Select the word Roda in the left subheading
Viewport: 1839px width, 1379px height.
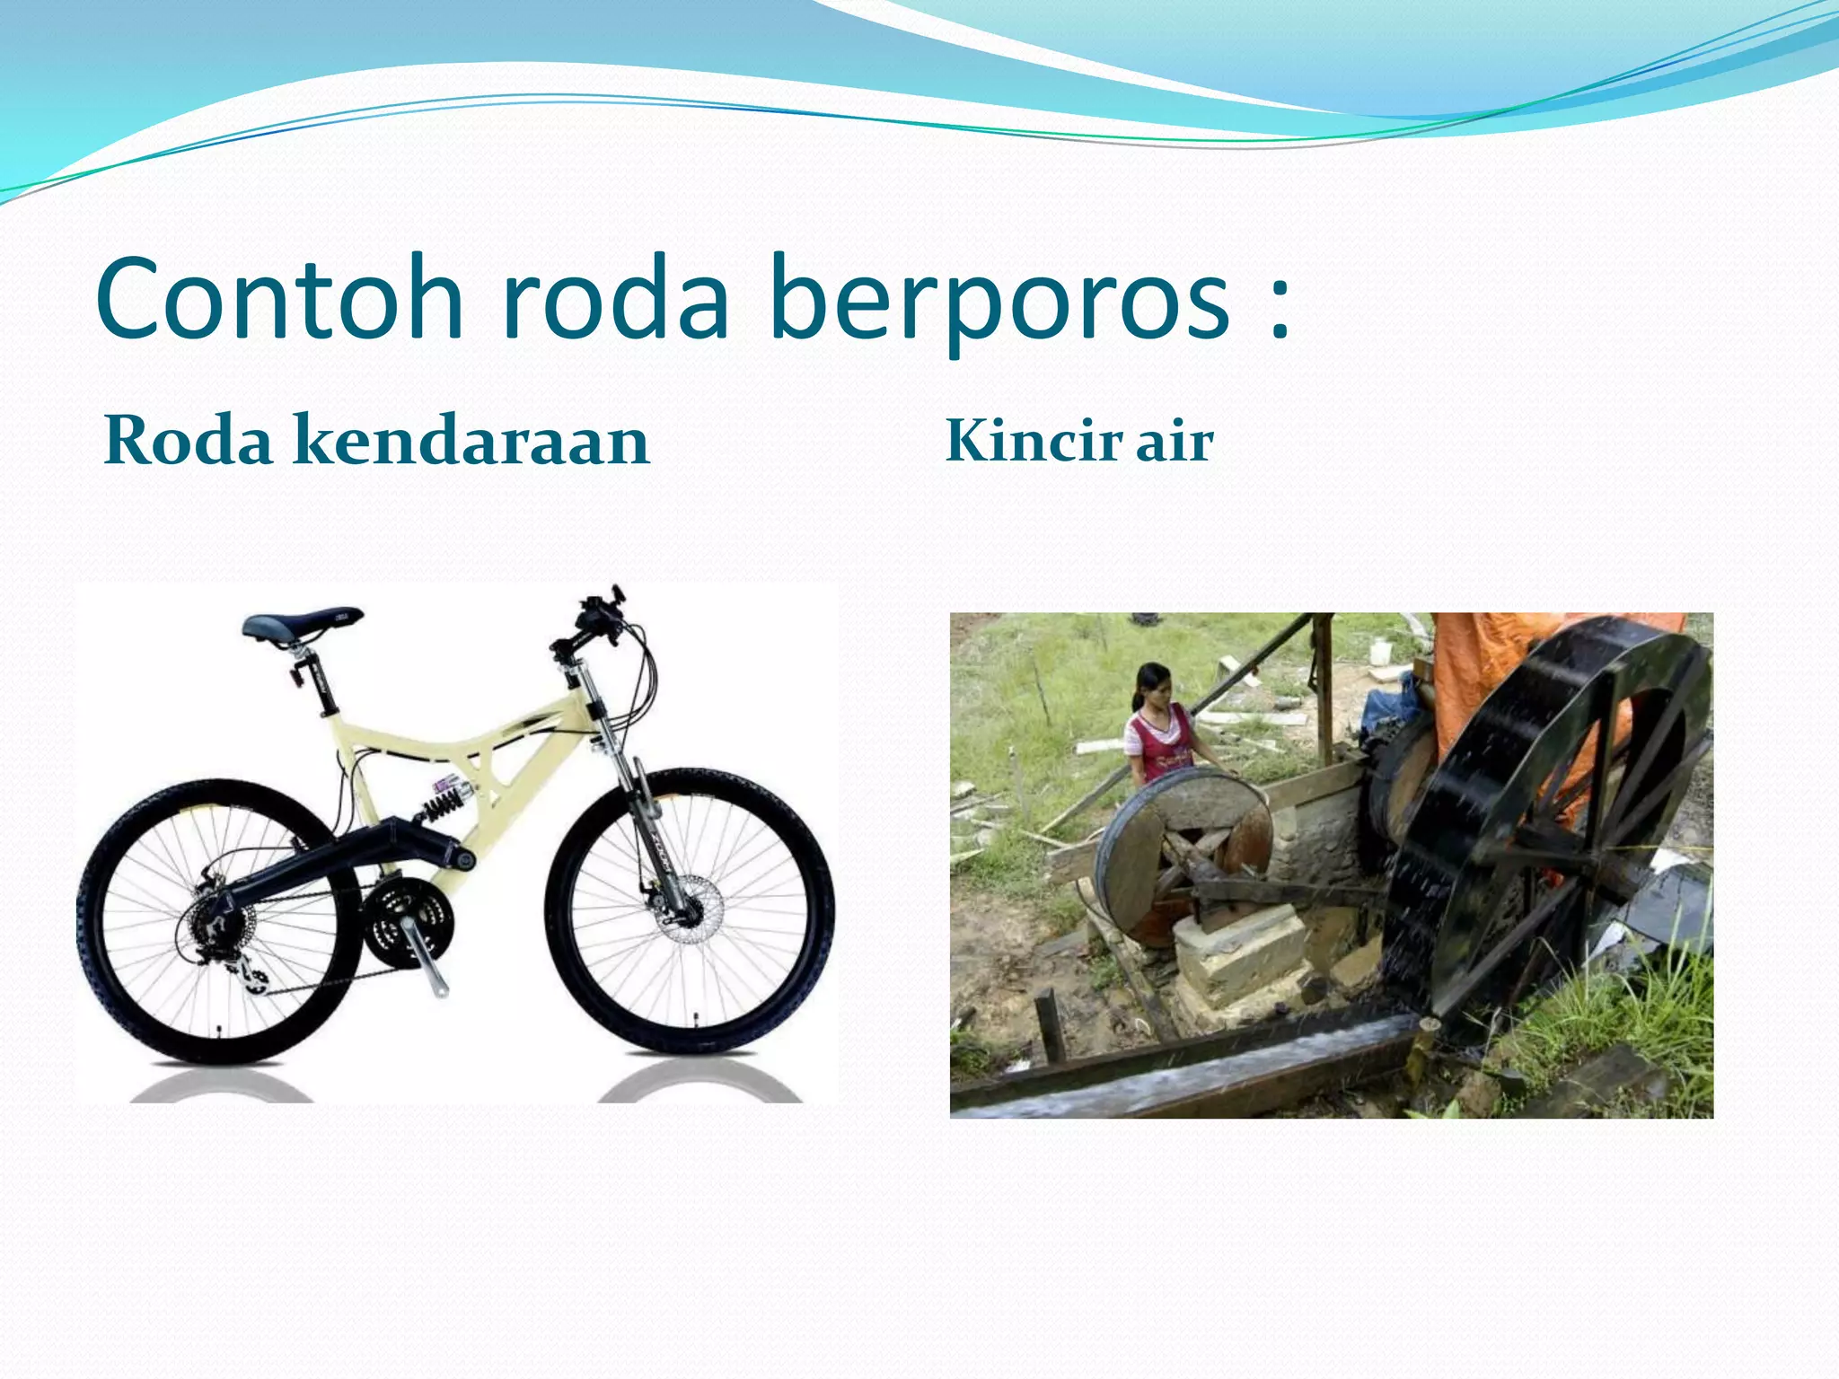click(189, 441)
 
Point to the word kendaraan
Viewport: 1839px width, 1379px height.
click(471, 441)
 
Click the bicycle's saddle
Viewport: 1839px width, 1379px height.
click(302, 623)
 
